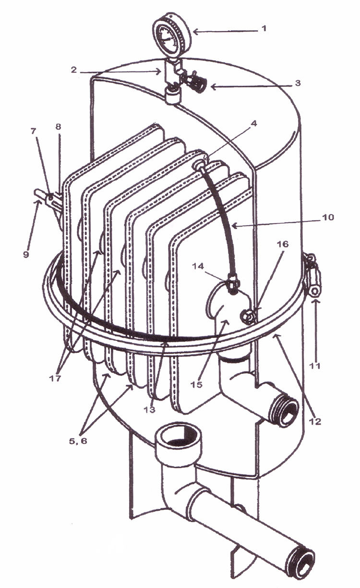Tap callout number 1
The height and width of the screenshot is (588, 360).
[x=264, y=28]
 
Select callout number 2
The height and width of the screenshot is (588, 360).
[x=74, y=70]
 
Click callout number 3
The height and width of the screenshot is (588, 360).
[x=297, y=83]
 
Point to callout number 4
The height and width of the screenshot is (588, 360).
[x=254, y=124]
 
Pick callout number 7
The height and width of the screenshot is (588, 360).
[x=33, y=131]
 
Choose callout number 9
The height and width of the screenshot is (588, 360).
[x=26, y=254]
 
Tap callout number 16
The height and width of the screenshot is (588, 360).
[x=283, y=244]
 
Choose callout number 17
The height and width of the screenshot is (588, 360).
[x=55, y=378]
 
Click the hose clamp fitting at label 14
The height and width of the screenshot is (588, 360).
[x=232, y=284]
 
